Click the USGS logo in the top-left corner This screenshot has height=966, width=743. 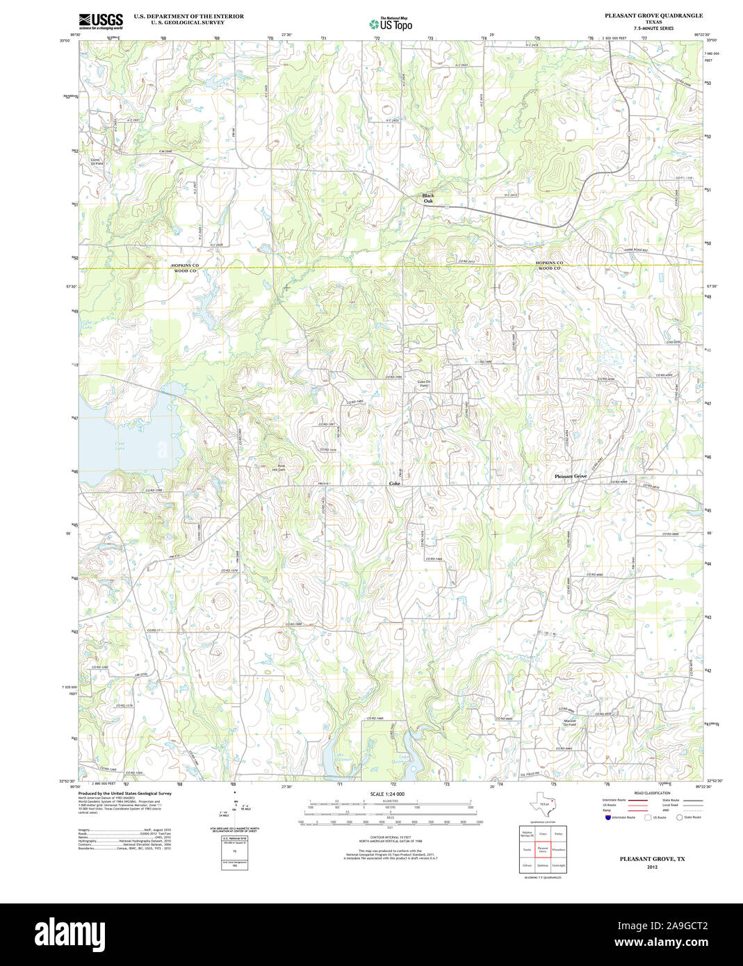tap(101, 20)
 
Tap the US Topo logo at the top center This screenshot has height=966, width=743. tap(391, 24)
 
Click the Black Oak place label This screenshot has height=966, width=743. tap(428, 198)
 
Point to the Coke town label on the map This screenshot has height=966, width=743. tap(395, 483)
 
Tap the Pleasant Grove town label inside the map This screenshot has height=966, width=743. tap(571, 476)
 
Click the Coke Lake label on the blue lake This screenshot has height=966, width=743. tap(120, 445)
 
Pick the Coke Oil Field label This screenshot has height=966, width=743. tap(424, 384)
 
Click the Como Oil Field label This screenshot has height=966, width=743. tap(97, 161)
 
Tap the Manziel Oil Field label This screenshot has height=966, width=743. tap(570, 723)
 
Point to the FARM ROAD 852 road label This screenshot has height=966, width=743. tap(635, 249)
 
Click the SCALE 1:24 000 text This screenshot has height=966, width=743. tap(387, 794)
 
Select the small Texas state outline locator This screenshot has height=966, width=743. tap(542, 805)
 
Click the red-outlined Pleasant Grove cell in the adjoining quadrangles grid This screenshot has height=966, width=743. tap(543, 849)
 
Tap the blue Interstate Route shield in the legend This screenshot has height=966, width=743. tap(607, 817)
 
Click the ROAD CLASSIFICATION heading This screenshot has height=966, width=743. tap(653, 793)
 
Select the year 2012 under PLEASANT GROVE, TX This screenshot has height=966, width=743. tap(652, 867)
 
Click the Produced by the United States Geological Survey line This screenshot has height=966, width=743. tap(125, 793)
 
